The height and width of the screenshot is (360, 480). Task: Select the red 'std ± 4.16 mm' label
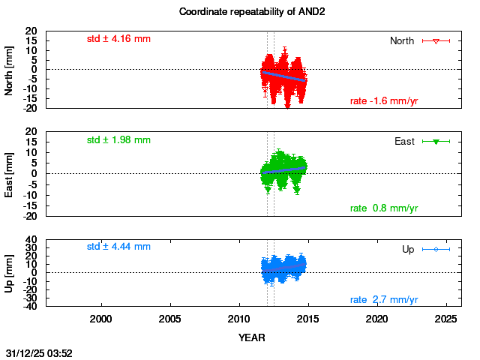pos(118,37)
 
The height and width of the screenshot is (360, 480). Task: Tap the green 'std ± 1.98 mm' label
pos(118,139)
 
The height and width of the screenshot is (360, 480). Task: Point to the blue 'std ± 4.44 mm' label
pos(118,246)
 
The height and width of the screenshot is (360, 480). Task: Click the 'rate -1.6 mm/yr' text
pos(384,101)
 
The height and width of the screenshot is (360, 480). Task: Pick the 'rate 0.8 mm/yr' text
pos(384,208)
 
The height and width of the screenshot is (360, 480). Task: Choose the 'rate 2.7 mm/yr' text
pos(384,300)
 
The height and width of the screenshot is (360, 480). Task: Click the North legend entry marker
pos(436,40)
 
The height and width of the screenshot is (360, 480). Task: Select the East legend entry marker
pos(436,141)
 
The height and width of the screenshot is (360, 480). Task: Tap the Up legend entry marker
pos(436,249)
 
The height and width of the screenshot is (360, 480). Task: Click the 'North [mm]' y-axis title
pos(9,69)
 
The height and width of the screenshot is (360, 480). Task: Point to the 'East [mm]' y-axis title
pos(9,174)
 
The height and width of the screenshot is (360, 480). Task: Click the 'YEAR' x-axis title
pos(252,337)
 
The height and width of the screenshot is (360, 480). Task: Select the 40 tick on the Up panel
pos(32,241)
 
